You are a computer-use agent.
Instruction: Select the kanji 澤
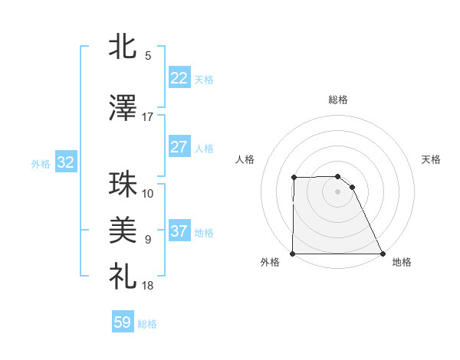click(123, 109)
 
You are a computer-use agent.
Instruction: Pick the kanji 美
click(123, 229)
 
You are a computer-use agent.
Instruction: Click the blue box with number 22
click(179, 78)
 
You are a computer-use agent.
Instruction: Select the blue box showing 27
click(179, 147)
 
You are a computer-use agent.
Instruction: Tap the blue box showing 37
click(179, 231)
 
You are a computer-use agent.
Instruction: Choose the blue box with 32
click(65, 162)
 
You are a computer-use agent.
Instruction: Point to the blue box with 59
click(123, 322)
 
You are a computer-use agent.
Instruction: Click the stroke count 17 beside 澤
click(148, 117)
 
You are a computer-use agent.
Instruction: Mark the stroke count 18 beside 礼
click(148, 286)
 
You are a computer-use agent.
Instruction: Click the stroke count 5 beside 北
click(148, 56)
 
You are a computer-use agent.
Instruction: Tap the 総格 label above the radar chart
click(338, 100)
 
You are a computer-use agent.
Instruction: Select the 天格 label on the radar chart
click(431, 159)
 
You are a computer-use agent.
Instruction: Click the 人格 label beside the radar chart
click(245, 159)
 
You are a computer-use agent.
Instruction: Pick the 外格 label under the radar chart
click(270, 263)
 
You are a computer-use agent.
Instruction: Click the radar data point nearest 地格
click(383, 254)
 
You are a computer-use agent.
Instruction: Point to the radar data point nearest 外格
click(293, 254)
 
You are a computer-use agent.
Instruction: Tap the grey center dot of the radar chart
click(338, 191)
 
